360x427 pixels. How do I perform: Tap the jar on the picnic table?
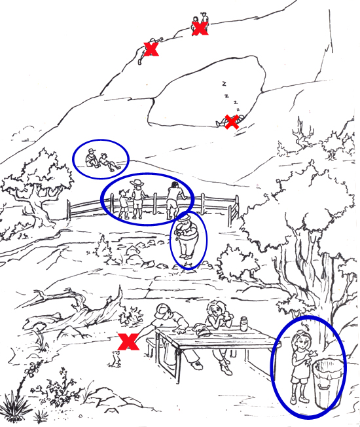click(x=244, y=323)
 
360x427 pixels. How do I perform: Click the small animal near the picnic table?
click(x=116, y=358)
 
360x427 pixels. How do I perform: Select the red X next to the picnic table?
click(x=128, y=341)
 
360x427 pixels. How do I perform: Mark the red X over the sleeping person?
click(x=230, y=122)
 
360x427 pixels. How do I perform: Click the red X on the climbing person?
click(x=151, y=49)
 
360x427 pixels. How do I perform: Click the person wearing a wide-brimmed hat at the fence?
click(x=137, y=197)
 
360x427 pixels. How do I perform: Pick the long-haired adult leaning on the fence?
click(x=173, y=199)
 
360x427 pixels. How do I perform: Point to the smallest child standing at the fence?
click(x=124, y=203)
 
